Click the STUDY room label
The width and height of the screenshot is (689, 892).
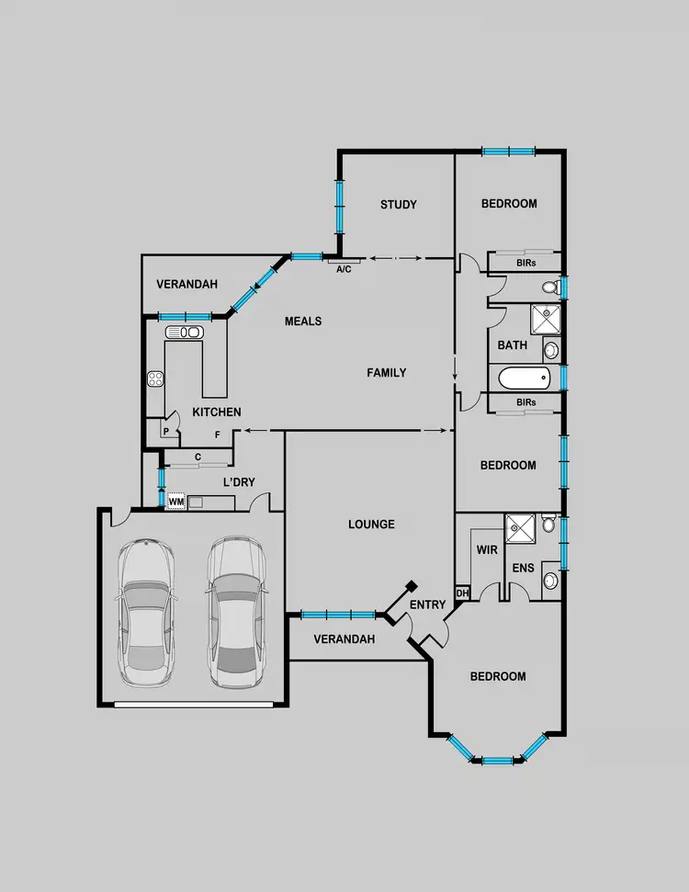point(399,204)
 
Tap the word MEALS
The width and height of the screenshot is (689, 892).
point(303,322)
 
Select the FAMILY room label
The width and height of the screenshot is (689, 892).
point(387,372)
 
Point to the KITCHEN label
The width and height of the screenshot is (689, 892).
point(217,412)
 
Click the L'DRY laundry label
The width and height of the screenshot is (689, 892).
point(239,482)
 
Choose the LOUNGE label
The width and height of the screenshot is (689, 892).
point(371,525)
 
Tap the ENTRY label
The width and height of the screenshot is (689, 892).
point(428,604)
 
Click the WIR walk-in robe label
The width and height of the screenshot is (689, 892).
point(486,549)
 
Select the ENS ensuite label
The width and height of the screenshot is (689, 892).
point(524,569)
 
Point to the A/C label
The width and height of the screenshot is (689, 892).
point(344,269)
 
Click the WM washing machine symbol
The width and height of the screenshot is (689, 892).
point(176,502)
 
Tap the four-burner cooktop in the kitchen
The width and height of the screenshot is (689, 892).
point(155,378)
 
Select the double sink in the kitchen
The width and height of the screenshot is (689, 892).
point(184,332)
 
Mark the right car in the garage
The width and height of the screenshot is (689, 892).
point(235,613)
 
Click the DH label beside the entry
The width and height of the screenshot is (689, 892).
point(463,593)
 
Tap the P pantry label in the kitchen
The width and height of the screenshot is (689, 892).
point(166,431)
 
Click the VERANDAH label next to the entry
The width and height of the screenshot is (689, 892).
point(344,639)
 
